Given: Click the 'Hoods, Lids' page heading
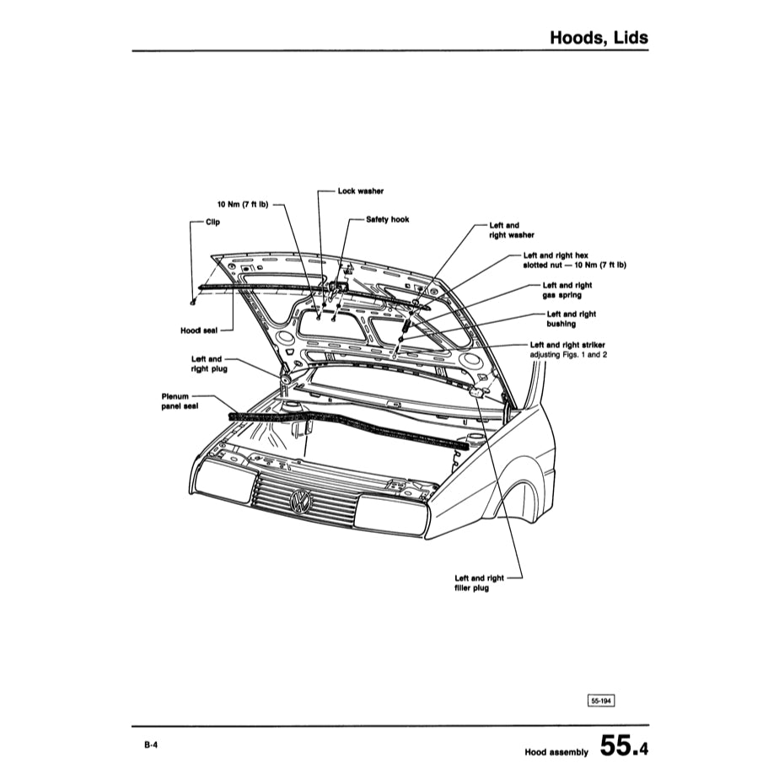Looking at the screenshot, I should tap(598, 38).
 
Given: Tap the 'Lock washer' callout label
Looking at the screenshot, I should tap(360, 191).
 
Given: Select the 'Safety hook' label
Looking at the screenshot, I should tap(387, 219).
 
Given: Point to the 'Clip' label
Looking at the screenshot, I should tap(212, 223).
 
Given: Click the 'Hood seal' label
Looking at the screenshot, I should tap(198, 330).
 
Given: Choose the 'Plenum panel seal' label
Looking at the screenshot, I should tap(179, 400).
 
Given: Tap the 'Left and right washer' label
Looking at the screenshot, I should tap(511, 231).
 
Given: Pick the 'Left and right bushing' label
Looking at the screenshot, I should tap(571, 319).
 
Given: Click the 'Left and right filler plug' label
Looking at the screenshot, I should tap(479, 583).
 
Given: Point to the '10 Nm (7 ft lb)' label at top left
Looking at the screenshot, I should tap(243, 204).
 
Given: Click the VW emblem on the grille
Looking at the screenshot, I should tap(300, 503).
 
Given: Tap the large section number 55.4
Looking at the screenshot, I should tap(625, 746).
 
